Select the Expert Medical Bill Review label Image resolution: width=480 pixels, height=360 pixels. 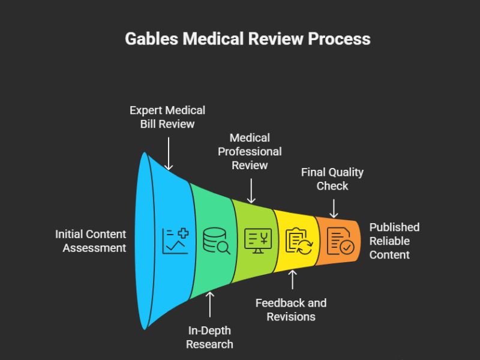point(168,117)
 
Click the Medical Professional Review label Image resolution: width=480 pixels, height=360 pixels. point(250,151)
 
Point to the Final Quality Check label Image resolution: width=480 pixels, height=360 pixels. point(332,179)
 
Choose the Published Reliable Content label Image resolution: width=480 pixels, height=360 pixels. point(394,241)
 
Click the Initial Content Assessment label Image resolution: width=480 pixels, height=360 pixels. point(91,241)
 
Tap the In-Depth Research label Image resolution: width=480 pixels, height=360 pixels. point(209,338)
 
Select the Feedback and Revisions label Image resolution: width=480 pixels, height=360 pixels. point(291,310)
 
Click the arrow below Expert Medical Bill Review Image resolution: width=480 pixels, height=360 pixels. point(169,154)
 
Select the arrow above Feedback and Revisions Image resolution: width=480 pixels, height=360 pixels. point(292,280)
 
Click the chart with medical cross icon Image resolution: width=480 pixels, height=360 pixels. point(175,241)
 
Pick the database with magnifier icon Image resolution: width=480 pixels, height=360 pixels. point(217,241)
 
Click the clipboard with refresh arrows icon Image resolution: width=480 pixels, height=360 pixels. point(298,241)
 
